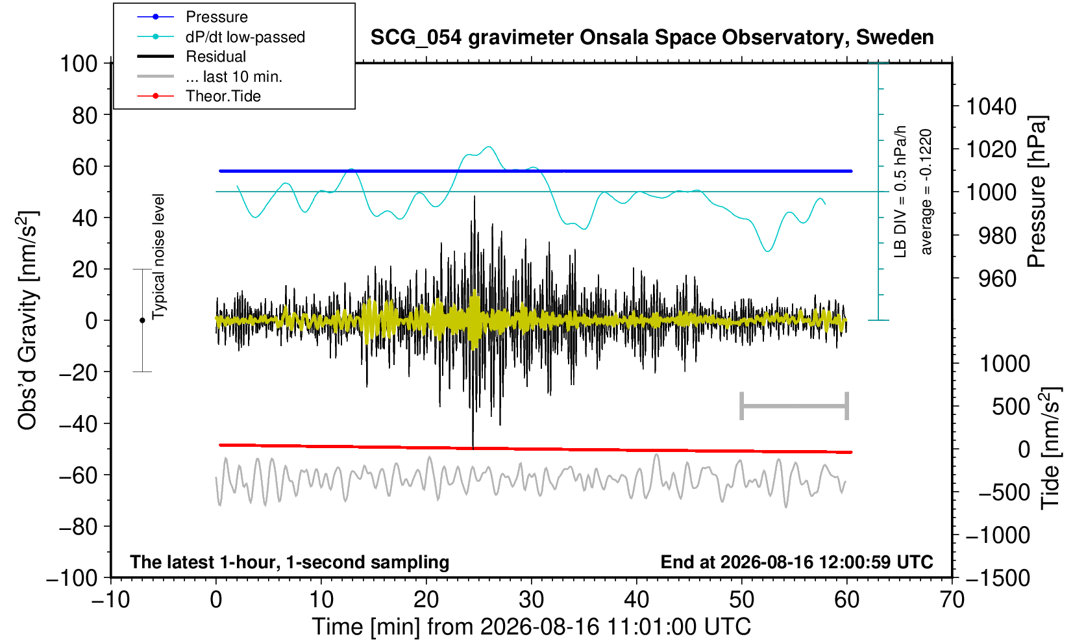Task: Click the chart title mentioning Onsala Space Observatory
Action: (652, 38)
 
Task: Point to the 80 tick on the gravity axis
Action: (85, 116)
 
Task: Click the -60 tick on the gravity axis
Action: (78, 475)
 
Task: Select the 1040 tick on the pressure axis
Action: (991, 107)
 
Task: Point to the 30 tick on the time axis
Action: (531, 600)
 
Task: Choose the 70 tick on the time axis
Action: (952, 600)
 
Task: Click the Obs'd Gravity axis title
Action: (27, 320)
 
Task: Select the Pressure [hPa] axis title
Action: (1037, 192)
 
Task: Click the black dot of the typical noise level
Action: (142, 320)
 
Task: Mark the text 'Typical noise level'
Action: (158, 257)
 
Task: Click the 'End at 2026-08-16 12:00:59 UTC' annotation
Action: (796, 562)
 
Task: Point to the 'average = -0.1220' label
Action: (926, 192)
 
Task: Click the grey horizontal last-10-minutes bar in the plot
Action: (795, 406)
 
